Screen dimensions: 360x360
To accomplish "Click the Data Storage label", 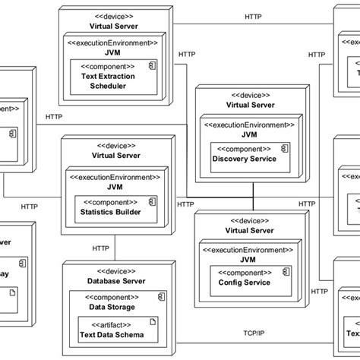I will [114, 307].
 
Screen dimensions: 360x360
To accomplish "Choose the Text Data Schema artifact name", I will [114, 332].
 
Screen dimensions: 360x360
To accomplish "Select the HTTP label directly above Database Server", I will [100, 248].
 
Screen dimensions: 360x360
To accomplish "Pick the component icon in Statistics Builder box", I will [152, 202].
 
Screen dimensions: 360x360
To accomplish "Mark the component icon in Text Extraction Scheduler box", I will [152, 66].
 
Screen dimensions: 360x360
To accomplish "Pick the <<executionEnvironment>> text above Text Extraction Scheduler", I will [114, 43].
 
